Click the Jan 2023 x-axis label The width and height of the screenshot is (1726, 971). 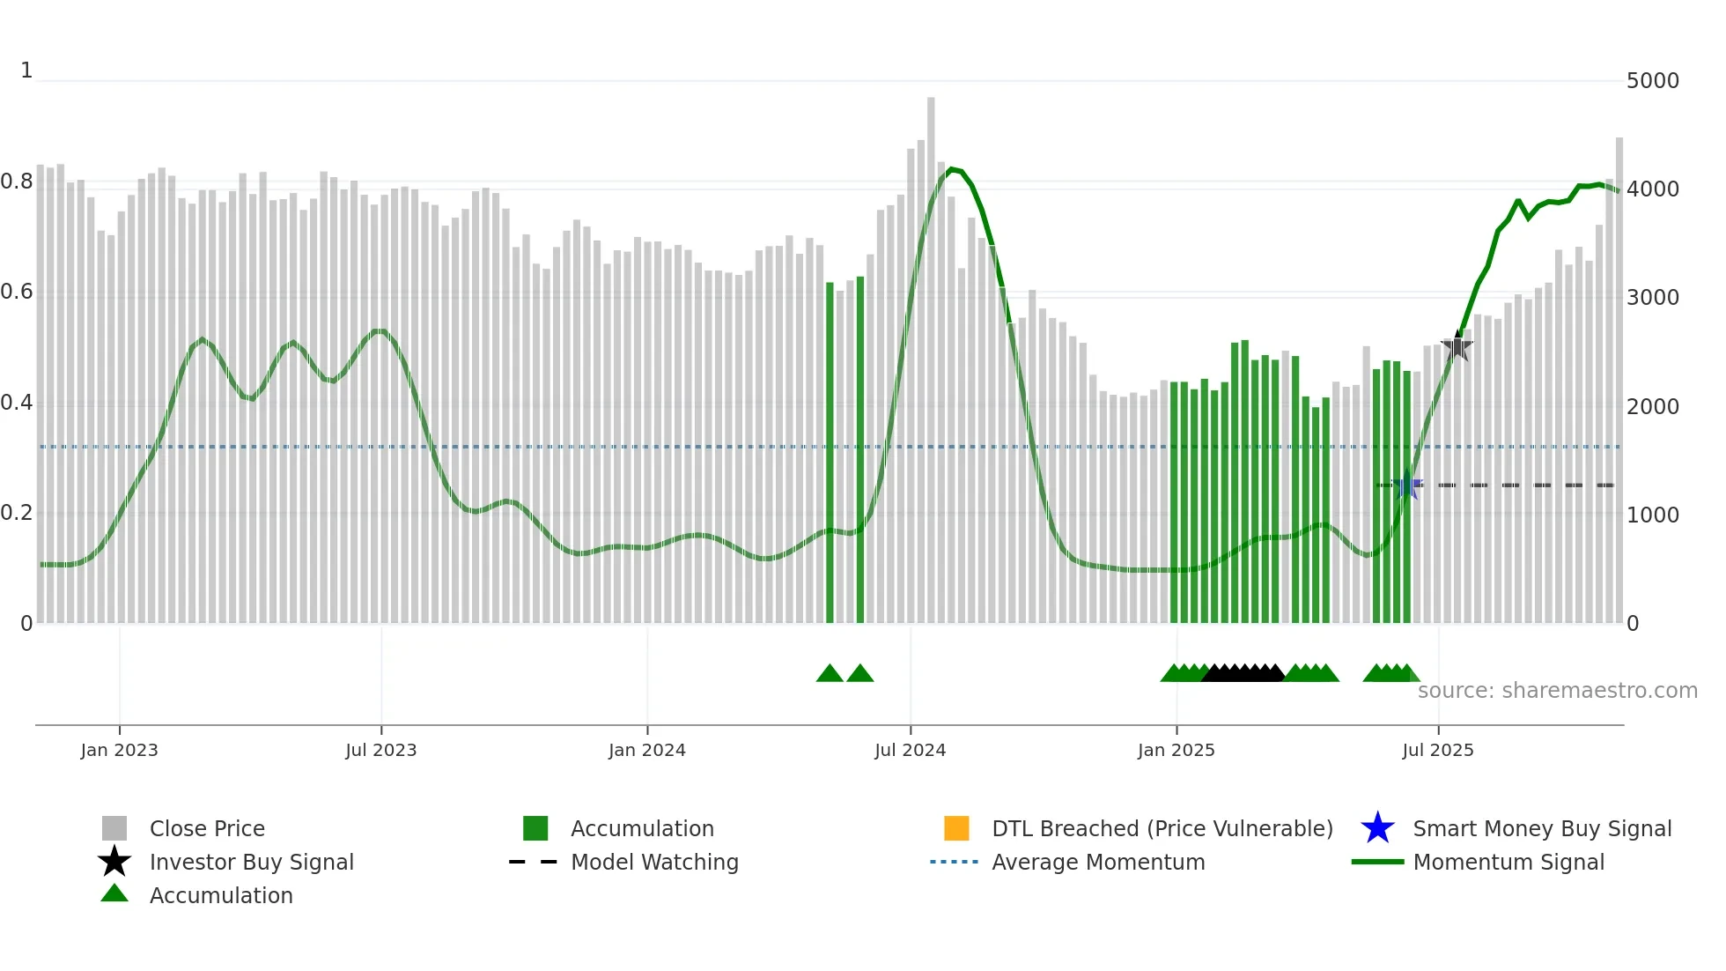pyautogui.click(x=119, y=750)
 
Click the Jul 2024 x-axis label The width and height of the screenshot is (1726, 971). pyautogui.click(x=910, y=750)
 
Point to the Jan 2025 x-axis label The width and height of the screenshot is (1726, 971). pyautogui.click(x=1176, y=750)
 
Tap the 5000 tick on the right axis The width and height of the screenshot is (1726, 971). pyautogui.click(x=1652, y=81)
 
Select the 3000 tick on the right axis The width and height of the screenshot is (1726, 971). pyautogui.click(x=1652, y=298)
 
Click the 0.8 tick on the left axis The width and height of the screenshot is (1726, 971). pyautogui.click(x=17, y=182)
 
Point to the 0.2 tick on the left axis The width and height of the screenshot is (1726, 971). pyautogui.click(x=17, y=514)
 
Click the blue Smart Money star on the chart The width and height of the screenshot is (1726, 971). pyautogui.click(x=1407, y=485)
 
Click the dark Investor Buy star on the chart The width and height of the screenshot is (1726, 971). pyautogui.click(x=1457, y=346)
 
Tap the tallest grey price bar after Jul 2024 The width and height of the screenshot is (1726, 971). pyautogui.click(x=931, y=352)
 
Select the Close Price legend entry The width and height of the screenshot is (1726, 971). pyautogui.click(x=207, y=828)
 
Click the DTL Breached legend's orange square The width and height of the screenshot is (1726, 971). pyautogui.click(x=956, y=828)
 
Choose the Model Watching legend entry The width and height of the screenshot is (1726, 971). pyautogui.click(x=654, y=862)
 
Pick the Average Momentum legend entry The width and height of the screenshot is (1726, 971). pyautogui.click(x=1098, y=862)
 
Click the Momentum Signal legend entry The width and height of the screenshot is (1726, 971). pyautogui.click(x=1508, y=862)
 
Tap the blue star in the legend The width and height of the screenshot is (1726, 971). pyautogui.click(x=1377, y=828)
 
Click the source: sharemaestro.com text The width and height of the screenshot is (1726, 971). pyautogui.click(x=1557, y=691)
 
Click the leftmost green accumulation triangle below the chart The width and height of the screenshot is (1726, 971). pyautogui.click(x=830, y=674)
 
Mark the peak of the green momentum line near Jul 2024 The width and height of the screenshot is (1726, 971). pyautogui.click(x=951, y=169)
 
